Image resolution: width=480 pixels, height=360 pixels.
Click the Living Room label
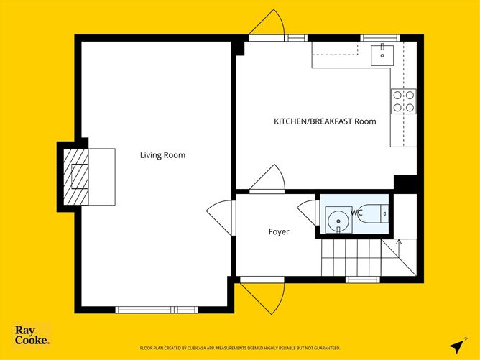[x=162, y=155]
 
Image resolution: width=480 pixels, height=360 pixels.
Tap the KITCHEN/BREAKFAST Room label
[x=325, y=121]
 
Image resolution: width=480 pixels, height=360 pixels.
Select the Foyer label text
[x=279, y=231]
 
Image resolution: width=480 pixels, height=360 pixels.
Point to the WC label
[x=356, y=213]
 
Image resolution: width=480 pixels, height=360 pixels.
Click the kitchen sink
[x=382, y=52]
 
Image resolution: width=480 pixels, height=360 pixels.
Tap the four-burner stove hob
[x=403, y=101]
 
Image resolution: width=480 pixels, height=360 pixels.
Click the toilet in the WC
[x=375, y=213]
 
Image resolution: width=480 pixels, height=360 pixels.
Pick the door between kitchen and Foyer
[x=269, y=179]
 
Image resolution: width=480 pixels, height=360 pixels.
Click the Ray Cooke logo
[x=32, y=335]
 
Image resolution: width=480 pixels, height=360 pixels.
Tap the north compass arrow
[x=456, y=344]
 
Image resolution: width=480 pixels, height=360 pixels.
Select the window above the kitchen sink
[x=380, y=37]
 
